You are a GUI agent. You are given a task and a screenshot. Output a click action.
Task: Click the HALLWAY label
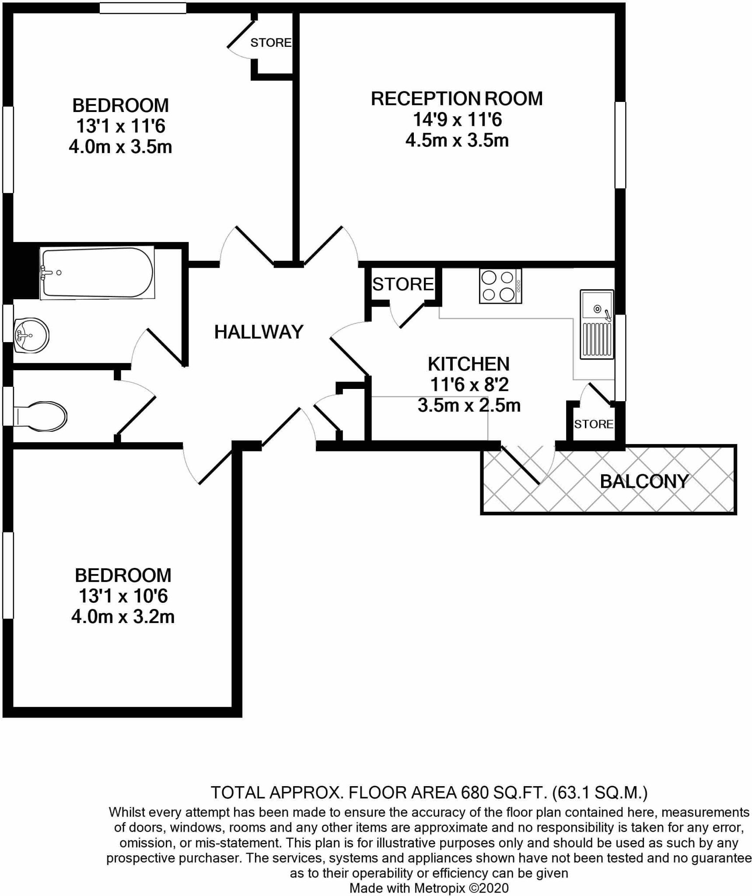click(x=259, y=332)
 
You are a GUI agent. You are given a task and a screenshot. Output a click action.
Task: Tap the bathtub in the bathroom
click(x=97, y=273)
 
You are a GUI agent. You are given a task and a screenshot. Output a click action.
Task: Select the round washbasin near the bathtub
click(x=31, y=335)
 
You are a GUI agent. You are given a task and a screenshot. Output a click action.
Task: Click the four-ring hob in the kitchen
click(x=500, y=286)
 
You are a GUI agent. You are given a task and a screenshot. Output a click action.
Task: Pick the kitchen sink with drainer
click(x=597, y=324)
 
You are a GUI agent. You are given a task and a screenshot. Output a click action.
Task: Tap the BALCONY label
click(x=644, y=481)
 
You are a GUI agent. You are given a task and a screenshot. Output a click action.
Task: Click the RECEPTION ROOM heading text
click(x=457, y=98)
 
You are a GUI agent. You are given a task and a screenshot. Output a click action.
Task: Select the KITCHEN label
click(x=469, y=364)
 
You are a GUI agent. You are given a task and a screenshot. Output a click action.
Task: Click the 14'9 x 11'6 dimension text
click(x=457, y=119)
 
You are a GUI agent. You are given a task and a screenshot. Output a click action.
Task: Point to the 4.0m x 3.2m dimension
click(x=123, y=617)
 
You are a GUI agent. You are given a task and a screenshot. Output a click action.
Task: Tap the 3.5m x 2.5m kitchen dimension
click(x=469, y=406)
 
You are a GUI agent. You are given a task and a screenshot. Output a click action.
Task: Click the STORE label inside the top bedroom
click(x=271, y=42)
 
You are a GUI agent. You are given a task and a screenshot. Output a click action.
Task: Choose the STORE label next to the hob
click(x=403, y=284)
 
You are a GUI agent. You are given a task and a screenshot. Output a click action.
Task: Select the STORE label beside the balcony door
click(x=594, y=424)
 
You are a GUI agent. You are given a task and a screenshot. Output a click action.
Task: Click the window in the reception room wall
click(x=620, y=145)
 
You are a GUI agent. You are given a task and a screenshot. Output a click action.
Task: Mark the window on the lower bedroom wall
click(x=8, y=575)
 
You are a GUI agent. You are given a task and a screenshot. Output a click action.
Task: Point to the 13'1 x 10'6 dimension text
click(x=123, y=596)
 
